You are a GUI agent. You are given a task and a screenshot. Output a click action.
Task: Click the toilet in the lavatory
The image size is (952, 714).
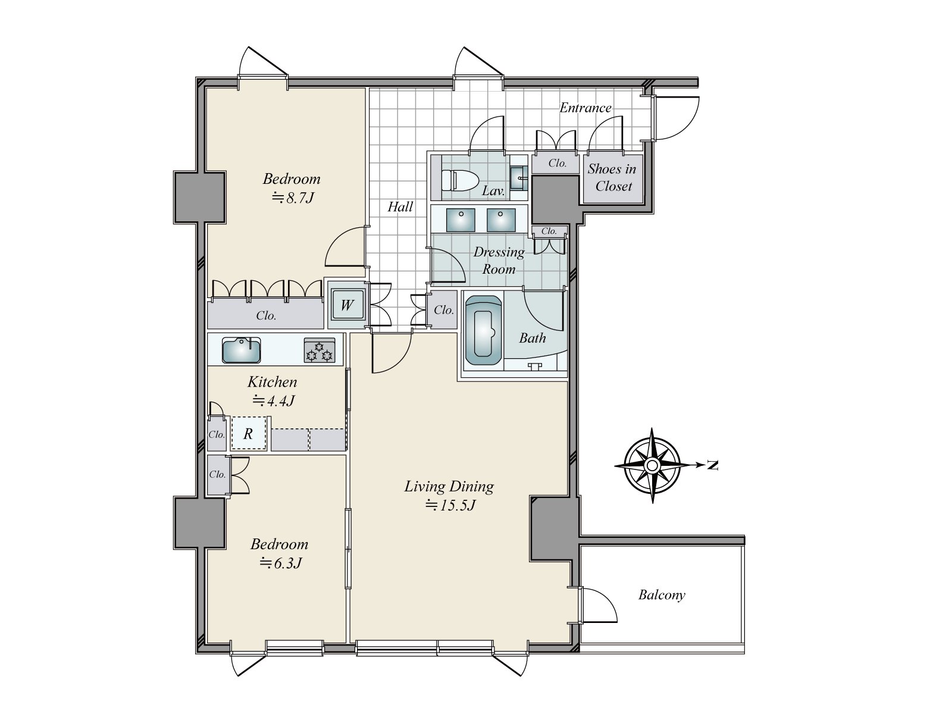459,180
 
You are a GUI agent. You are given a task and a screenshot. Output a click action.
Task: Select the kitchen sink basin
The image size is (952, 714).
241,350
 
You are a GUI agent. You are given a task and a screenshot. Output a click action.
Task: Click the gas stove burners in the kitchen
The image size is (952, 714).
320,350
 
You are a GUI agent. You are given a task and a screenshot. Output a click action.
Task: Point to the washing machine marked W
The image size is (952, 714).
346,305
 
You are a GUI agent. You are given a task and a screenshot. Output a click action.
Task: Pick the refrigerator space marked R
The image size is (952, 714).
248,433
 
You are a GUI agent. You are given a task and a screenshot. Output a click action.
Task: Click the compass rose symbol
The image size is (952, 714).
652,466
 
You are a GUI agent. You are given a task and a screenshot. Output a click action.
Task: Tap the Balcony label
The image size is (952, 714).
662,595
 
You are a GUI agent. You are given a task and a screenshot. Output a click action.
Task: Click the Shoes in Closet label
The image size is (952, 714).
612,177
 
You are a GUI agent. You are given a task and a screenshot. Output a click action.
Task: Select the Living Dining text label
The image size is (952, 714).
449,487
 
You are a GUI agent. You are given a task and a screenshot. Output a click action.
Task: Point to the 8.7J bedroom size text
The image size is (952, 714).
293,198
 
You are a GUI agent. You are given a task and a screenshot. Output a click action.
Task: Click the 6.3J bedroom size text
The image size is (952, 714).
281,563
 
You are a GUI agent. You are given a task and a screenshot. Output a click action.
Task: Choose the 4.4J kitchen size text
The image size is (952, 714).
274,400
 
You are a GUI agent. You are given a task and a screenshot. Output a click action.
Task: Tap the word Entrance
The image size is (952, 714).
585,108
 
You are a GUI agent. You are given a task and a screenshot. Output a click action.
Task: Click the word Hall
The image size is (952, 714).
400,207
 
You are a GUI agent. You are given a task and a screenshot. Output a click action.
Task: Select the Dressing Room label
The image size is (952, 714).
499,260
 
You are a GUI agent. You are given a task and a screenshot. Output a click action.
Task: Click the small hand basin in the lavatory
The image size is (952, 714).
518,178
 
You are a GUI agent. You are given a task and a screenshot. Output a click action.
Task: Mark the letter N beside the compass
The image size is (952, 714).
712,465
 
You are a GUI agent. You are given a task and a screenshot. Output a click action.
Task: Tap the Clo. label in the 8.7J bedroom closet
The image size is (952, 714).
266,315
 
